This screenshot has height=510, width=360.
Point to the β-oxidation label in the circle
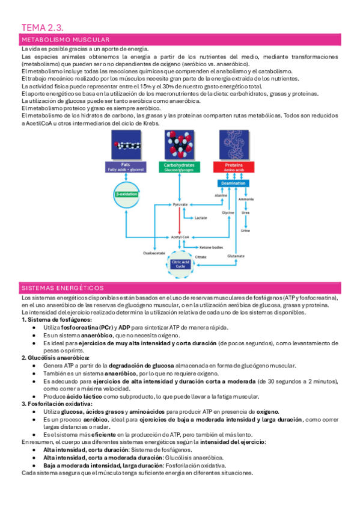pyautogui.click(x=126, y=194)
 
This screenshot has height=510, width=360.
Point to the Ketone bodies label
pyautogui.click(x=212, y=247)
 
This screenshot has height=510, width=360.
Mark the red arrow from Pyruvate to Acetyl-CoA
pyautogui.click(x=180, y=221)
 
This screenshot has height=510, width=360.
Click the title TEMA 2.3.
pyautogui.click(x=42, y=27)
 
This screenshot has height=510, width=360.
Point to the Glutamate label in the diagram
pyautogui.click(x=236, y=256)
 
